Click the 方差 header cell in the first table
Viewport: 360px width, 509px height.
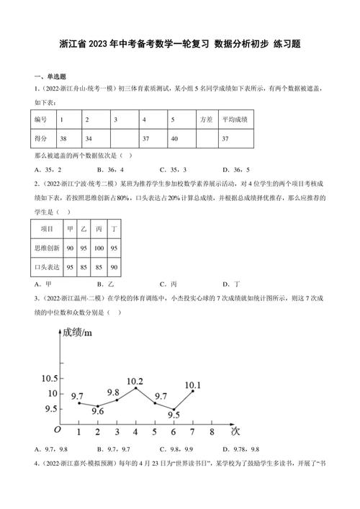207,119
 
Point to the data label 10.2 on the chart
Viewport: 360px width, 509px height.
134,380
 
